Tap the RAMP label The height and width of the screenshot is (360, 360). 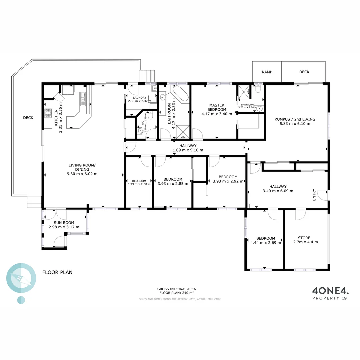point(267,72)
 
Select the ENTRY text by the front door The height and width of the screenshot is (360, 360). point(314,195)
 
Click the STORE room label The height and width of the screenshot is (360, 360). point(304,238)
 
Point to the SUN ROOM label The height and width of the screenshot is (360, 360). point(64,223)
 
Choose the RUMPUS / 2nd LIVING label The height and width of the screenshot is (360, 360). point(295,119)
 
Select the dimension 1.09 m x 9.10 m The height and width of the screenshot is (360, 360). point(188,150)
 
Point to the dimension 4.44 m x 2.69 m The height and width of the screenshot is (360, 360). point(265,243)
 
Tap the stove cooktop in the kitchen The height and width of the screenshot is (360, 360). point(47,114)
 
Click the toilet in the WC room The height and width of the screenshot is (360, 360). point(150,116)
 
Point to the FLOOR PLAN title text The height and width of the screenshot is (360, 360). point(57,272)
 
